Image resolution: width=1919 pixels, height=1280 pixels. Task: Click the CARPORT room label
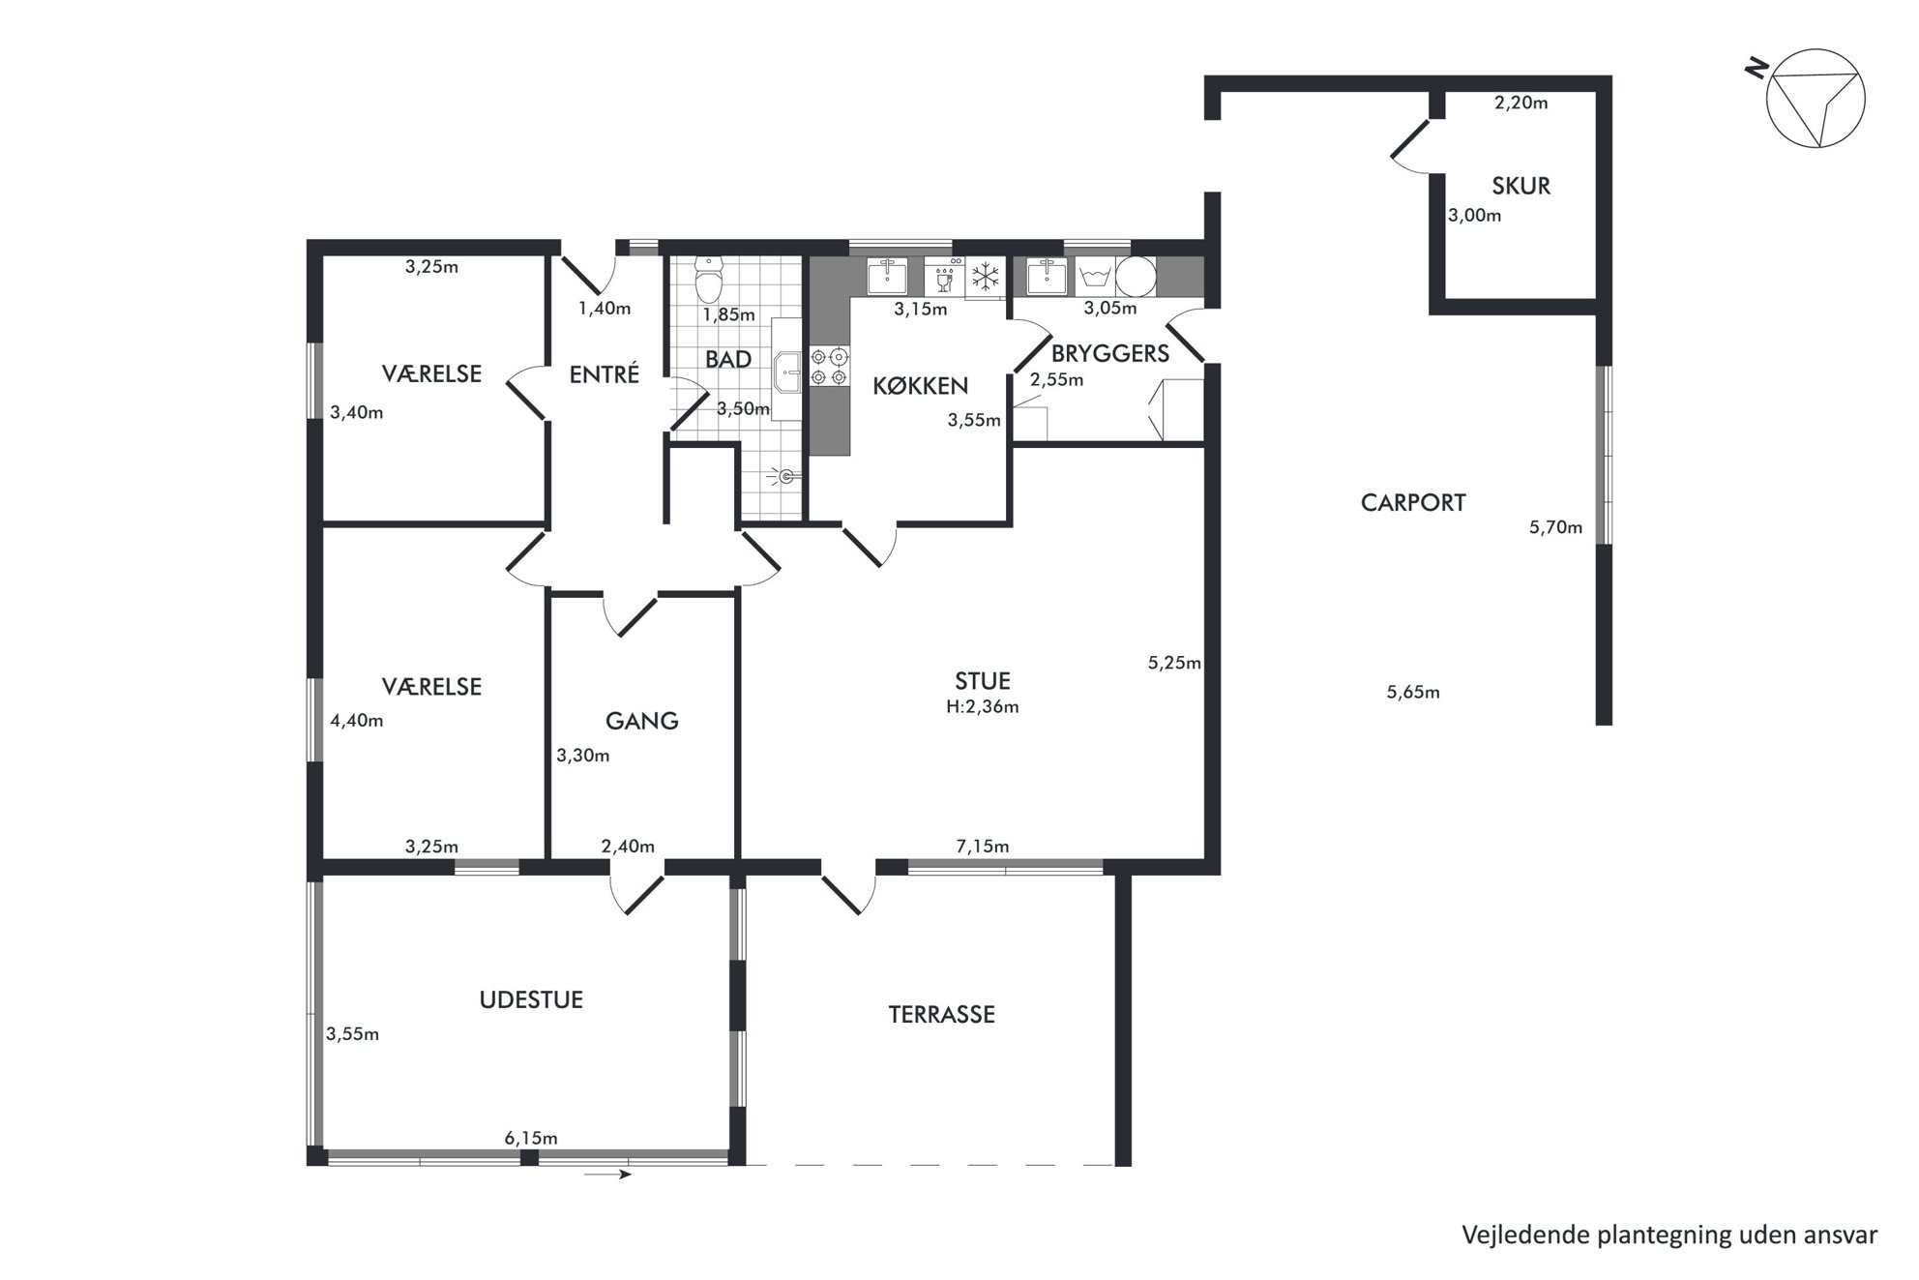point(1413,502)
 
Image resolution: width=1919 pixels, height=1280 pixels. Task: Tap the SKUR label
point(1520,186)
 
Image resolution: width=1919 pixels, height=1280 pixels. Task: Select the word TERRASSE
point(941,1014)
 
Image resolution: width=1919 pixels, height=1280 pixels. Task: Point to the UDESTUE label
point(531,999)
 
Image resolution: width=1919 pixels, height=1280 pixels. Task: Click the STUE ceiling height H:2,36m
point(982,706)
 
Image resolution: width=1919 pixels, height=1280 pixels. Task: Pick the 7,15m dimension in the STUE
point(982,847)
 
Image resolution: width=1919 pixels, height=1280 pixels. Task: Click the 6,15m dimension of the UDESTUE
point(531,1138)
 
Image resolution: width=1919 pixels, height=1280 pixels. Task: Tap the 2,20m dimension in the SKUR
point(1520,103)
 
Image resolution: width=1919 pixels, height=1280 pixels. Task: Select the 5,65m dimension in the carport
point(1413,692)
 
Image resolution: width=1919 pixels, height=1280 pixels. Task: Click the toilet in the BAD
point(709,279)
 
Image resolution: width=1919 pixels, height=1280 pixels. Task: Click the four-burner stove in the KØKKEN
point(830,367)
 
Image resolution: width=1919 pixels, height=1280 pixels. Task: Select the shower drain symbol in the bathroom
point(785,475)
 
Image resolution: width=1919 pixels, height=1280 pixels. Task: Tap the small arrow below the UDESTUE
point(607,1175)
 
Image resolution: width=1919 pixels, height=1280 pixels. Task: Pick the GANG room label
point(641,721)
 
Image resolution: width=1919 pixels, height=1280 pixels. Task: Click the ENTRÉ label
point(605,373)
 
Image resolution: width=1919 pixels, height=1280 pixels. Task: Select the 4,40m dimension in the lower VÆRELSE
point(357,721)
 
